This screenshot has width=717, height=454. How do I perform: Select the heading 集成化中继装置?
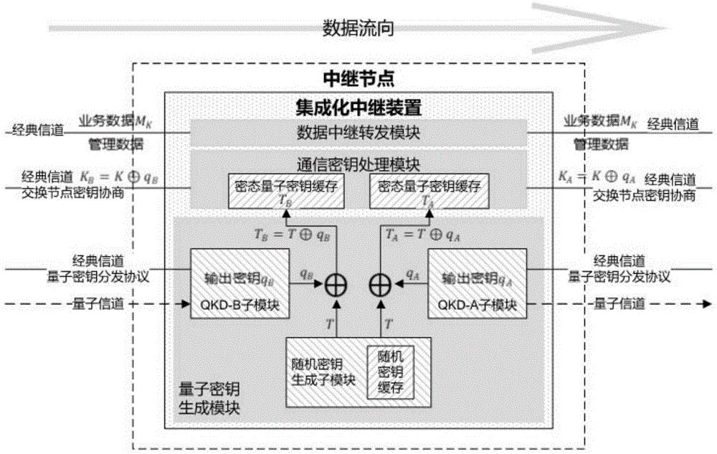pos(358,108)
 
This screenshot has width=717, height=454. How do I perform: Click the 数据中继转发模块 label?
pos(358,133)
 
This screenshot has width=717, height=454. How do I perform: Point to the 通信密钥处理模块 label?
pos(358,162)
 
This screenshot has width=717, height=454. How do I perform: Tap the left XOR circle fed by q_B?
pos(335,285)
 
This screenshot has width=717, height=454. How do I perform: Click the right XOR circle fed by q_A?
pos(381,285)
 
